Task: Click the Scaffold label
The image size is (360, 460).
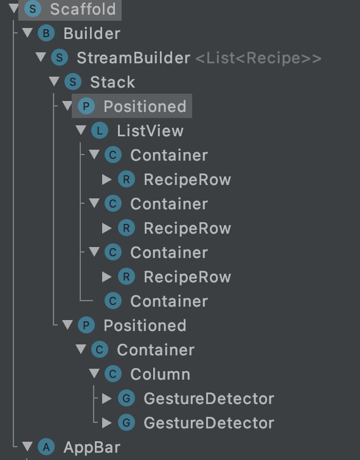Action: pyautogui.click(x=83, y=9)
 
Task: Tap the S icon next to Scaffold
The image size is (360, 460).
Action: pyautogui.click(x=33, y=9)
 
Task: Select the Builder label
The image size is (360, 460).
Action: pyautogui.click(x=92, y=33)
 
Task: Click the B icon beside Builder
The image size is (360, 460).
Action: pyautogui.click(x=46, y=33)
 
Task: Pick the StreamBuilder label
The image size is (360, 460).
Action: pyautogui.click(x=133, y=58)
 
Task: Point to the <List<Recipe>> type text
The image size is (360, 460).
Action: pyautogui.click(x=258, y=58)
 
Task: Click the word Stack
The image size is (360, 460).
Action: pyautogui.click(x=112, y=82)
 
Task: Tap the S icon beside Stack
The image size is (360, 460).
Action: pyautogui.click(x=73, y=82)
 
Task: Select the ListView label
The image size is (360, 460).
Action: pyautogui.click(x=150, y=131)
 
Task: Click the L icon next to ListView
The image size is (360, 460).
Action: pyautogui.click(x=100, y=131)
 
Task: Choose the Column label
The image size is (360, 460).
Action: pyautogui.click(x=161, y=374)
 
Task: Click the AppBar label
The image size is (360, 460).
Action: pyautogui.click(x=92, y=448)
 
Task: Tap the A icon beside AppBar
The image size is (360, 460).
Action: pyautogui.click(x=46, y=447)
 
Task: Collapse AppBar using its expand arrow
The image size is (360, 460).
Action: pyautogui.click(x=27, y=447)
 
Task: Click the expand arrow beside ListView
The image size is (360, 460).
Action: pyautogui.click(x=81, y=130)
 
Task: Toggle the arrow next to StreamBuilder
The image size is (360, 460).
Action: pyautogui.click(x=41, y=57)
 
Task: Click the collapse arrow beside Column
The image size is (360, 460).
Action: pyautogui.click(x=94, y=374)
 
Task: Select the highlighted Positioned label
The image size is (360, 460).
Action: pyautogui.click(x=145, y=106)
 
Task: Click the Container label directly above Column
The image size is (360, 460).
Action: pyautogui.click(x=156, y=350)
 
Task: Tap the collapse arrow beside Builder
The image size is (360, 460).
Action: pyautogui.click(x=27, y=33)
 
